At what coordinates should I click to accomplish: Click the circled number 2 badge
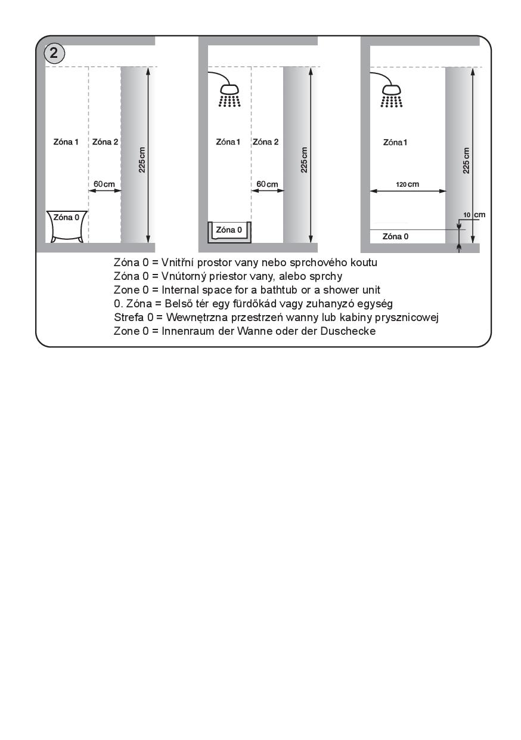54,53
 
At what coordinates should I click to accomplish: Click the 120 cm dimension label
407,184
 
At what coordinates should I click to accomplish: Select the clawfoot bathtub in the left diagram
66,226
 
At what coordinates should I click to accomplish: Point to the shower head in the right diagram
392,94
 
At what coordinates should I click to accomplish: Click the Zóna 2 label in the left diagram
106,142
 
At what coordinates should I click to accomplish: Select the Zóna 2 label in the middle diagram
265,142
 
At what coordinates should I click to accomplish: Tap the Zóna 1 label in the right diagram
395,142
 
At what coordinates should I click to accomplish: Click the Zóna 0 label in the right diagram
395,236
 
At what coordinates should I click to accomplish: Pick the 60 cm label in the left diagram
104,184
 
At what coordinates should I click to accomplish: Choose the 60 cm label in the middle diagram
267,184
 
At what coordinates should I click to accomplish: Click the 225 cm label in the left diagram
142,160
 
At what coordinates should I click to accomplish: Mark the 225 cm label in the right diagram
466,160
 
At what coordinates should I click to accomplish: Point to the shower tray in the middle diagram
230,231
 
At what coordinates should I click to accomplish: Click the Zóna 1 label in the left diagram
66,142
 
